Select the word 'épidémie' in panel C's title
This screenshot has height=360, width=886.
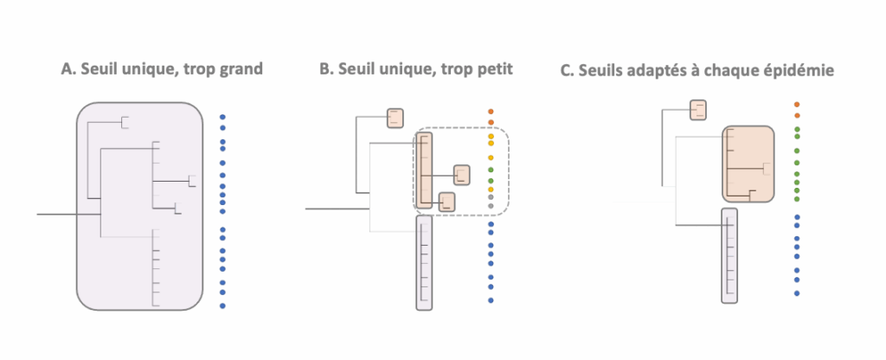click(799, 70)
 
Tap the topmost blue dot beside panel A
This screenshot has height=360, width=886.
click(222, 116)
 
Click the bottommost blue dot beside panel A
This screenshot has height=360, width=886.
click(222, 305)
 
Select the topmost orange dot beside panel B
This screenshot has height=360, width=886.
click(491, 112)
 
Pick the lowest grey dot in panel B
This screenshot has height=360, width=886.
click(491, 208)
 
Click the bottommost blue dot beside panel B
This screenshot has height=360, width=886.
click(491, 300)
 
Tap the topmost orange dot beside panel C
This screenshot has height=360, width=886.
click(797, 105)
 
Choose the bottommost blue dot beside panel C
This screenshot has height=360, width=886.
click(797, 293)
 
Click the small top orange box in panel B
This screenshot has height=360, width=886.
click(395, 118)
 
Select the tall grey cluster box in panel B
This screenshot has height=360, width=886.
click(423, 263)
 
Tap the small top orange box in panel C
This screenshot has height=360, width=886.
click(698, 110)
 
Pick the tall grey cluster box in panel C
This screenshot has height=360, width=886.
click(730, 255)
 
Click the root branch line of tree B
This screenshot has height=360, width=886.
click(337, 208)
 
